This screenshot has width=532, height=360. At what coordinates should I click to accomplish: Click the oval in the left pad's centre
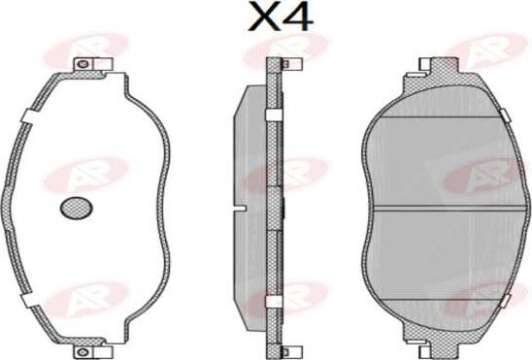76,207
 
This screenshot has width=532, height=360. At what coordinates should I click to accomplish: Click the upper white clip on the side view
275,115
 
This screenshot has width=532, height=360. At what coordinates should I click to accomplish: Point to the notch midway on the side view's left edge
236,207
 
